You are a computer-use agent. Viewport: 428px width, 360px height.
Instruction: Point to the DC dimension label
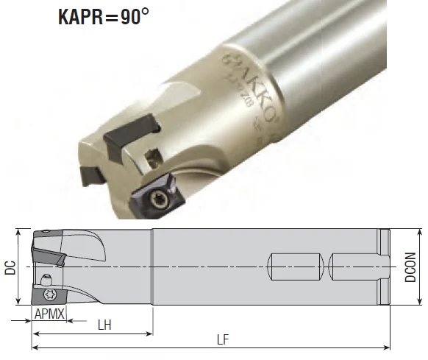pos(10,269)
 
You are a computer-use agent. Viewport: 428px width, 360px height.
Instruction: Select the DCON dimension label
pos(412,268)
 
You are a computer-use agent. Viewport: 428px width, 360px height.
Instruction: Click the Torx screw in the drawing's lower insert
pos(50,294)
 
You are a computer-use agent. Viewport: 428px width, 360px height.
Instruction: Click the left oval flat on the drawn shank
pos(295,266)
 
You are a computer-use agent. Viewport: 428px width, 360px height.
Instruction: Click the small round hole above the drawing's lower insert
pos(47,278)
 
